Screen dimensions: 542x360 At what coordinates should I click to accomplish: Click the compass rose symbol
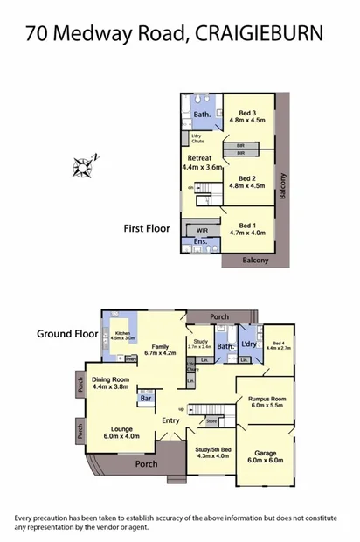click(x=88, y=163)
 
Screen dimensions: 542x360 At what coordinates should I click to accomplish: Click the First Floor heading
click(x=146, y=228)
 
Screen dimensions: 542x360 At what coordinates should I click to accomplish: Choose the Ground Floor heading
click(x=66, y=333)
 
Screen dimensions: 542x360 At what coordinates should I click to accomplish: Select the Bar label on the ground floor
click(x=145, y=400)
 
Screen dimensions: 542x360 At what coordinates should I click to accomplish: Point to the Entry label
click(x=170, y=421)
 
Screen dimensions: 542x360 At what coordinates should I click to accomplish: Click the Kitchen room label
click(x=122, y=335)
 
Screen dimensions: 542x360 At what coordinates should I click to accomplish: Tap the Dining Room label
click(x=111, y=382)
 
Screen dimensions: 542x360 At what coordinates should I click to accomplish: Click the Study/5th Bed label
click(x=211, y=452)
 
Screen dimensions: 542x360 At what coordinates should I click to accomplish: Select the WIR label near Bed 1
click(x=202, y=229)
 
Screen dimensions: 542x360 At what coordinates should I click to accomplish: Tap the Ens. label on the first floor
click(x=200, y=241)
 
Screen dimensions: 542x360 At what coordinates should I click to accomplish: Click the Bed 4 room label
click(x=280, y=345)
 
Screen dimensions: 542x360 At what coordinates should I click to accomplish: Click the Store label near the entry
click(x=211, y=422)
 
